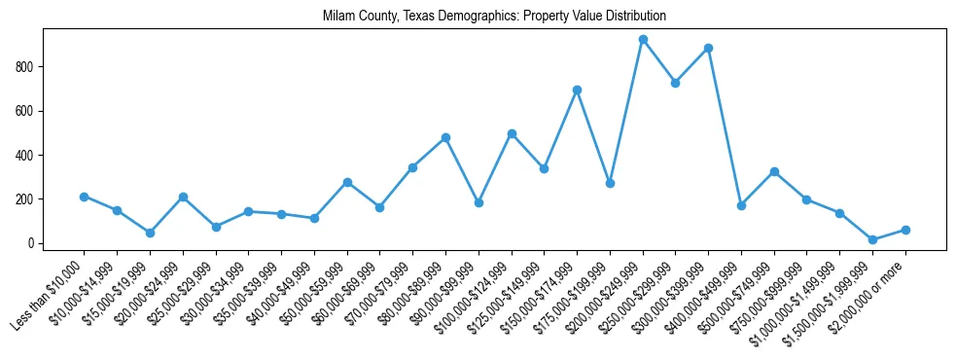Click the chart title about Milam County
tap(494, 17)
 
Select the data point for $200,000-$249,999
tap(643, 40)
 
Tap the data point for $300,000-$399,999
tap(708, 48)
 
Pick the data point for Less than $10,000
tap(84, 197)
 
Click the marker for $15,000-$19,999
tap(150, 233)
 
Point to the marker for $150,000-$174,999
tap(577, 90)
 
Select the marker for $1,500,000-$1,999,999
tap(872, 239)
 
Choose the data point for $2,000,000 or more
tap(905, 230)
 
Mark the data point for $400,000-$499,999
tap(741, 205)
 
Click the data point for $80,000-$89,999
tap(445, 137)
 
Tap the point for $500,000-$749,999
tap(774, 171)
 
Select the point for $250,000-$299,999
tap(675, 83)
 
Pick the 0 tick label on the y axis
tap(32, 243)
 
